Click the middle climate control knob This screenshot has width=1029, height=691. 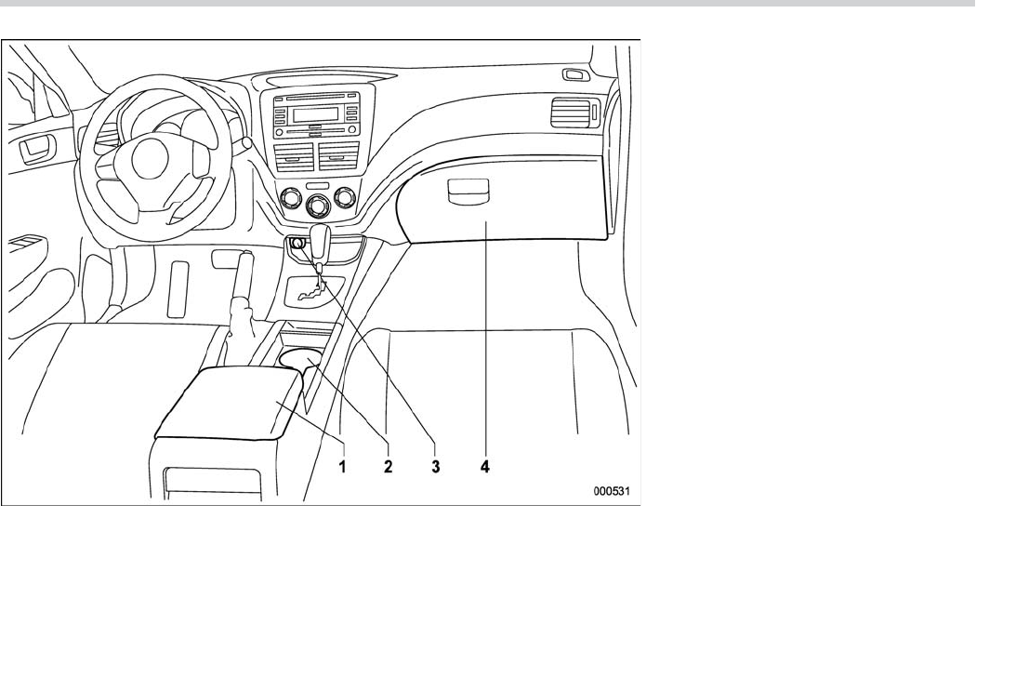tap(320, 206)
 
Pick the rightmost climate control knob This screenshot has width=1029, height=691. tap(347, 196)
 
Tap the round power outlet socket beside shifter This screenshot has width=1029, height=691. tap(297, 245)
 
